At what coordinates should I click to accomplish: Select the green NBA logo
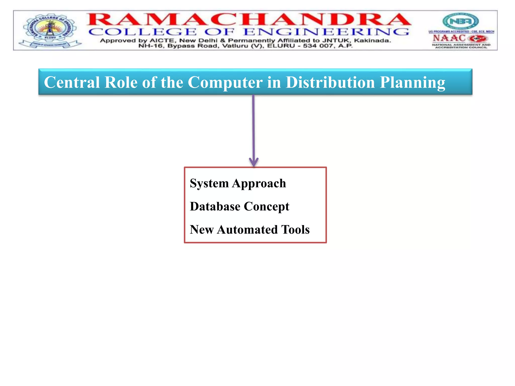coord(460,21)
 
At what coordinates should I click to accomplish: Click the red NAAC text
coord(449,38)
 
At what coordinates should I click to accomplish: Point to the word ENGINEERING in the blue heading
coord(326,32)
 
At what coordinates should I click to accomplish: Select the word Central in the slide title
coord(72,82)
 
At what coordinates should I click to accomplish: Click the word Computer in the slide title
coord(225,82)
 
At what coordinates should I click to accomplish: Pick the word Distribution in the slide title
coord(330,82)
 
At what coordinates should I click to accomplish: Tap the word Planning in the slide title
coord(412,82)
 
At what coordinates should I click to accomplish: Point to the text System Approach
coord(238,183)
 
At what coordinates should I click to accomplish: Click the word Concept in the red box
coord(267,206)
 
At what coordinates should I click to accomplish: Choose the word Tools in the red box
coord(295,229)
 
